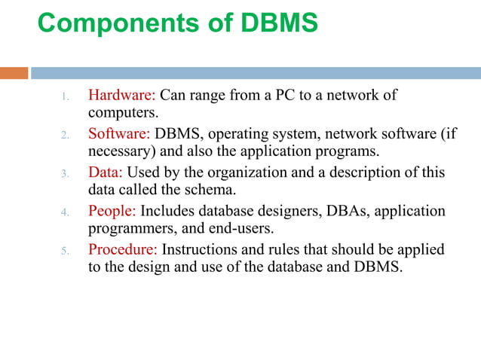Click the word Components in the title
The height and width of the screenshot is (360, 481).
click(x=113, y=23)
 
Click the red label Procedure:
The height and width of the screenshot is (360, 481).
click(x=123, y=249)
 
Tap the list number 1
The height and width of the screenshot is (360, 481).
click(x=66, y=97)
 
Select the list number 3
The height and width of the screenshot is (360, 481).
click(x=66, y=173)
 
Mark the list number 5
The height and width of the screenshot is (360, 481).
click(x=66, y=251)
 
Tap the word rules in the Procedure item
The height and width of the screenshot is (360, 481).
click(x=289, y=249)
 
